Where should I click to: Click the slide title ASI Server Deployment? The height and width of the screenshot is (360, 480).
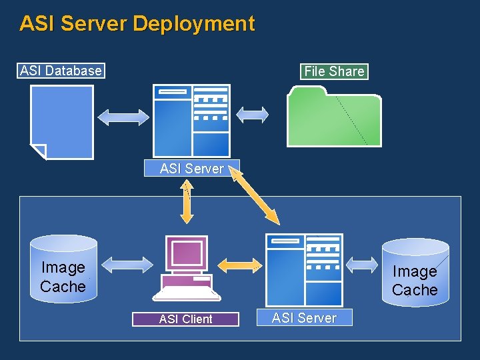click(137, 23)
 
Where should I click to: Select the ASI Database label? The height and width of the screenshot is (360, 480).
click(61, 71)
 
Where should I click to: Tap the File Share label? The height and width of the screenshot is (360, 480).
click(334, 71)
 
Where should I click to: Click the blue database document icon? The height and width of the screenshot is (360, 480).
click(62, 122)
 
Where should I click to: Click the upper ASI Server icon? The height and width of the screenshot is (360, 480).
click(191, 121)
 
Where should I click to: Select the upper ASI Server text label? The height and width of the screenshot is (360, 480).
click(191, 169)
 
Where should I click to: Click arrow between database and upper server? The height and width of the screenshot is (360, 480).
click(124, 117)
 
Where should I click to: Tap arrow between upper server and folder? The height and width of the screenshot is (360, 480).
click(253, 115)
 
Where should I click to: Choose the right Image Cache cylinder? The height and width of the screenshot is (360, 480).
click(415, 272)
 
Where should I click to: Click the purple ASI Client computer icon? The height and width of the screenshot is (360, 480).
click(187, 269)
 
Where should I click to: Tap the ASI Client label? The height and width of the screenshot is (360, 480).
click(185, 319)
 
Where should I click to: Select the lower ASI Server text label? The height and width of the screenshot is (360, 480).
click(304, 318)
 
